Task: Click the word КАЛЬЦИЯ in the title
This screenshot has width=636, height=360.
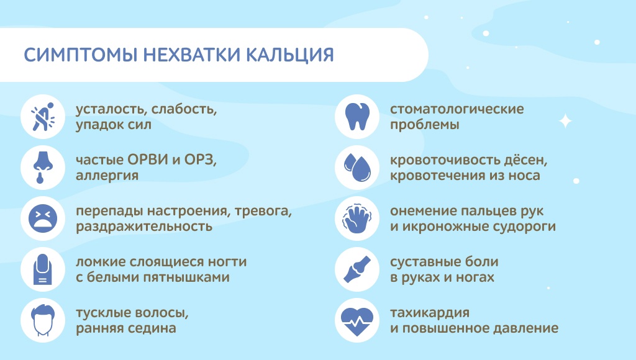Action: click(290, 55)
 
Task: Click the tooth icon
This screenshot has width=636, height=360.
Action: click(357, 117)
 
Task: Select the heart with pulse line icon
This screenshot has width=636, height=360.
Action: click(357, 321)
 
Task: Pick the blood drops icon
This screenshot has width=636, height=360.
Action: click(357, 167)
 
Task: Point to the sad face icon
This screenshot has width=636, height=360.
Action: click(43, 218)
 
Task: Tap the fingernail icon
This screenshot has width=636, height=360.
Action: click(43, 269)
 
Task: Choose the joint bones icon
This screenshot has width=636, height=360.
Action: click(357, 269)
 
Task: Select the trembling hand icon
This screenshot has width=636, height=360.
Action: click(357, 218)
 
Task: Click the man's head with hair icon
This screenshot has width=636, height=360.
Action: click(43, 320)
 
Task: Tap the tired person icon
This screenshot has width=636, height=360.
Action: click(43, 117)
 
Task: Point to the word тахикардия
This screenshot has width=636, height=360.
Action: click(430, 313)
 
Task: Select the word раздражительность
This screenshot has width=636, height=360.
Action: click(144, 227)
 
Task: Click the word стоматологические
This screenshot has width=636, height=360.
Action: click(457, 109)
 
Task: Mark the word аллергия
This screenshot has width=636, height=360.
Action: click(107, 176)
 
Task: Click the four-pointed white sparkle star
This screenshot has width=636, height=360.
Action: click(565, 121)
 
